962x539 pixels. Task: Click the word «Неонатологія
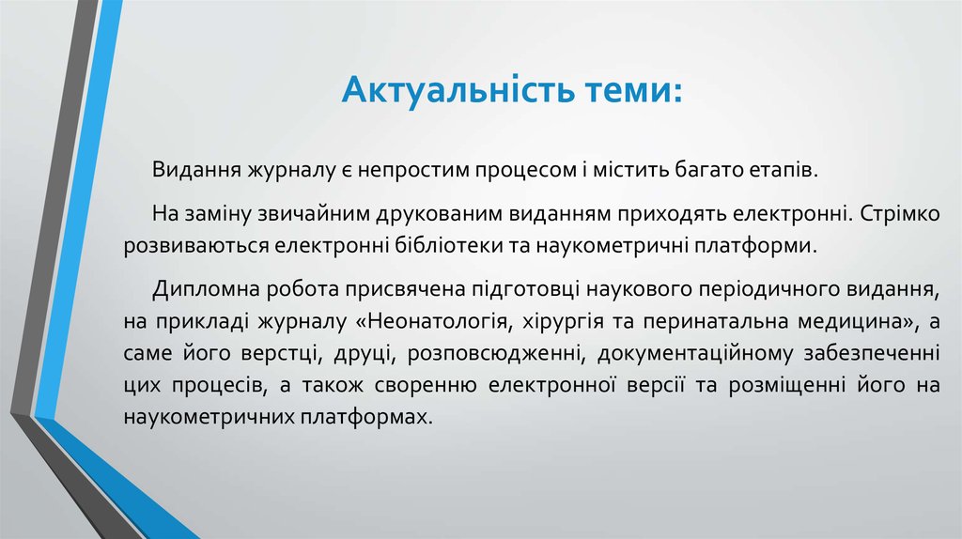[x=433, y=323]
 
